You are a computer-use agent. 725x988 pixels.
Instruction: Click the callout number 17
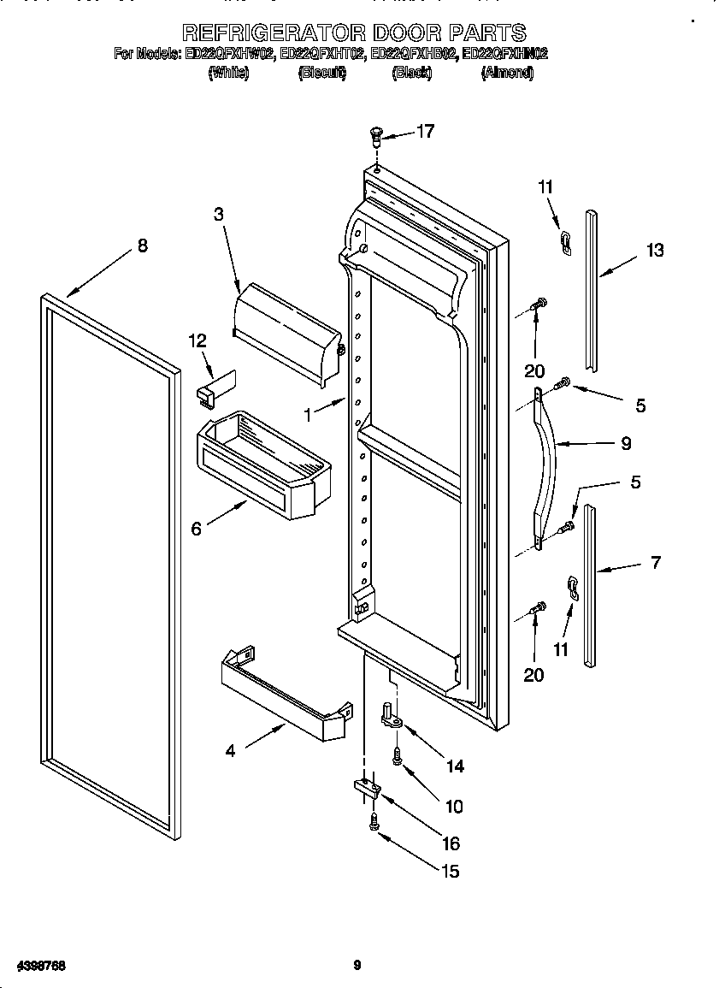pos(425,131)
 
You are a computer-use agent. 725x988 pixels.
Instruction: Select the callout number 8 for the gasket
pos(142,246)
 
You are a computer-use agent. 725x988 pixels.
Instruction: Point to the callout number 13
pos(655,250)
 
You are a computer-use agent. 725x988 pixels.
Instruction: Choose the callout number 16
pos(451,843)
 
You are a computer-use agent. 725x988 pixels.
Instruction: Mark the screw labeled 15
pos(374,822)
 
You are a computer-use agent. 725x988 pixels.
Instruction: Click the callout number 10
pos(454,806)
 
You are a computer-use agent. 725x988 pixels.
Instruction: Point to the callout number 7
pos(655,562)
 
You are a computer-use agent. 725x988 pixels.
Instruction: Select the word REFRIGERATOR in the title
pos(274,33)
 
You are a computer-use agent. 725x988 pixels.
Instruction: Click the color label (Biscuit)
pos(321,74)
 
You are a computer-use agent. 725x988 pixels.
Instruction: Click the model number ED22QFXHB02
pos(414,54)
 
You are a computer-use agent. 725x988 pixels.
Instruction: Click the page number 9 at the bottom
pos(357,966)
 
